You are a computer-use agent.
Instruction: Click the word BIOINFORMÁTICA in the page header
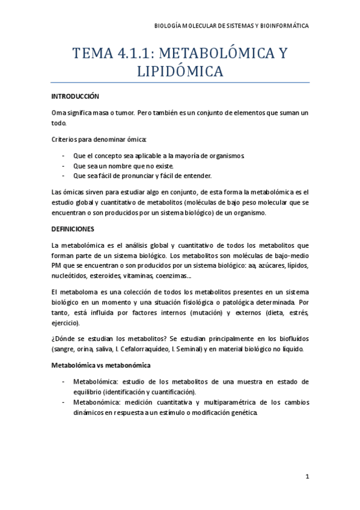click(283, 26)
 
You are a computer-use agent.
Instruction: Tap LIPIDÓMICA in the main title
click(180, 72)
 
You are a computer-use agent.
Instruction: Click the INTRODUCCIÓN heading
click(75, 96)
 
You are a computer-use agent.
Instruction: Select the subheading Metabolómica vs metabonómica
click(100, 365)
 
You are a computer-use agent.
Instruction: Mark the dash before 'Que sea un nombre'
click(64, 165)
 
